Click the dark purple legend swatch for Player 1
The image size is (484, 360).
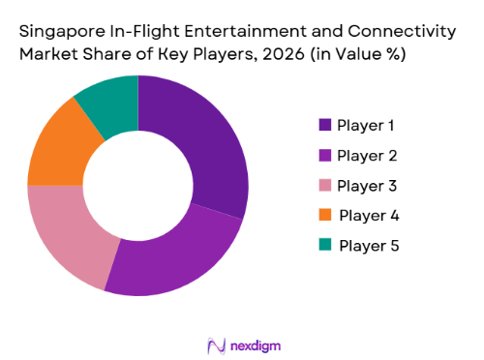coord(325,125)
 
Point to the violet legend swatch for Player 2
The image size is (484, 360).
coord(325,155)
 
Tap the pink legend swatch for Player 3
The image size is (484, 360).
coord(325,185)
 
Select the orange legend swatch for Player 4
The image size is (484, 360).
coord(325,215)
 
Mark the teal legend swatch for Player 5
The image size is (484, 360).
coord(325,245)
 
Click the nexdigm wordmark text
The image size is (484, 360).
coord(255,344)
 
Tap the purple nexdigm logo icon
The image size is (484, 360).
coord(215,344)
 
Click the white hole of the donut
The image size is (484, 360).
coord(138,184)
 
